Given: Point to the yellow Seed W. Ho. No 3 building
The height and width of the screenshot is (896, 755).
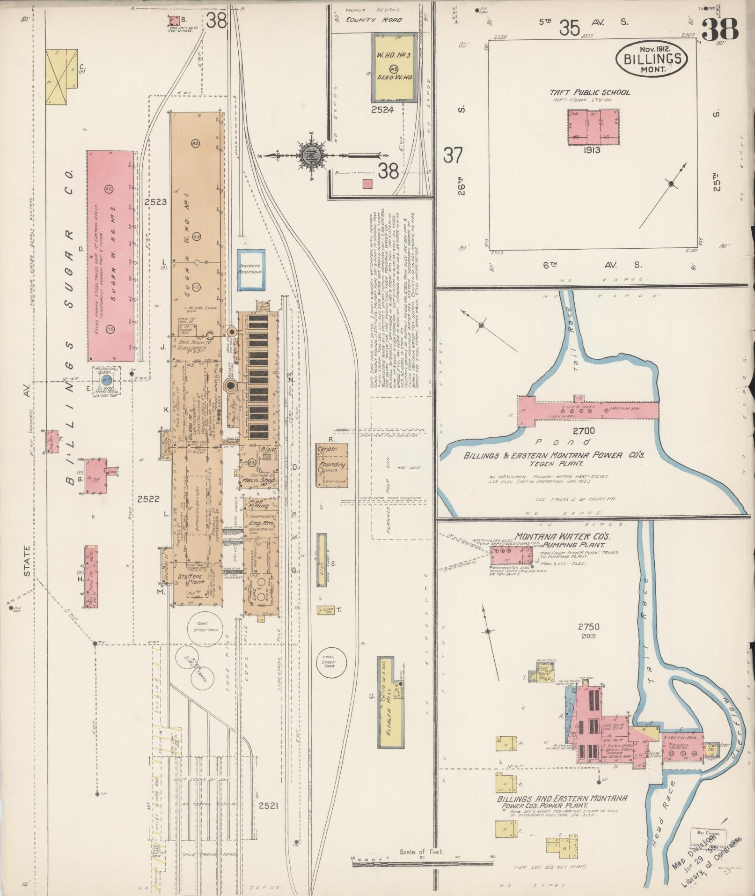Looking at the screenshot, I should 394,67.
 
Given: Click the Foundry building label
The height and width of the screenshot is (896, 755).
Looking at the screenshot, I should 332,465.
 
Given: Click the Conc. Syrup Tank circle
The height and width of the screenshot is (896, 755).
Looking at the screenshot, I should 205,627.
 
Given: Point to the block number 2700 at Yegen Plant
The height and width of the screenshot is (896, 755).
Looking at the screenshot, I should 586,430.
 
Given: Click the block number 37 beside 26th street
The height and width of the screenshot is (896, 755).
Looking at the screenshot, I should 453,155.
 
